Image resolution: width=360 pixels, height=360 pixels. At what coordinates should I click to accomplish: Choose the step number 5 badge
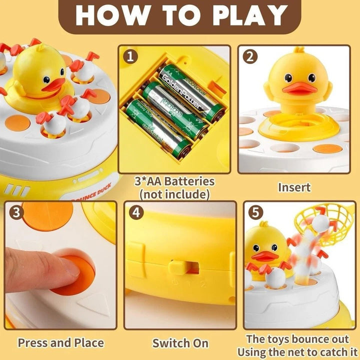pyautogui.click(x=255, y=212)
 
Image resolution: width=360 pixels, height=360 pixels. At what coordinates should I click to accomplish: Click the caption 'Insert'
pyautogui.click(x=294, y=187)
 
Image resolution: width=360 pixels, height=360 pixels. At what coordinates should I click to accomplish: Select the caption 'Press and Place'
pyautogui.click(x=60, y=343)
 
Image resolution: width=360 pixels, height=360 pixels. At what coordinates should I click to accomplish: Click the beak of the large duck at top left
pyautogui.click(x=51, y=85)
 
